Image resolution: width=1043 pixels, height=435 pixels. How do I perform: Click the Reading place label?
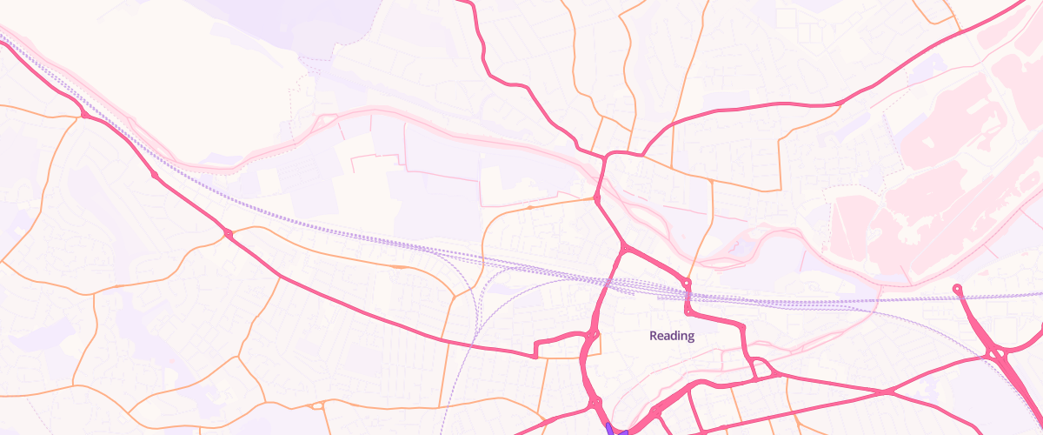[x=672, y=336]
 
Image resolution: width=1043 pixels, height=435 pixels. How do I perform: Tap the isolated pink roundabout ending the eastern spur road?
[x=957, y=288]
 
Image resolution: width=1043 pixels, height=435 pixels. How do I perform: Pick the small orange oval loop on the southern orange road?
[x=317, y=405]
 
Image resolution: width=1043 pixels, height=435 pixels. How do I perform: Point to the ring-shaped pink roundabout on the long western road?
[x=228, y=234]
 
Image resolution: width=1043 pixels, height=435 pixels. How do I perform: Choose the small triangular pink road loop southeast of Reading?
[x=762, y=370]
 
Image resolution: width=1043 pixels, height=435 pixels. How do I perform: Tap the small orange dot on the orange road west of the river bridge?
[x=529, y=208]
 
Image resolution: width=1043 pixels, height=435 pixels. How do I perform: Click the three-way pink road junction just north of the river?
[x=606, y=157]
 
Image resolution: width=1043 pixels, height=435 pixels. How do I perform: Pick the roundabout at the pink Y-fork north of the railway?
[x=625, y=250]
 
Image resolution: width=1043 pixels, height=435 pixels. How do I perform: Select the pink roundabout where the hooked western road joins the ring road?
[x=592, y=335]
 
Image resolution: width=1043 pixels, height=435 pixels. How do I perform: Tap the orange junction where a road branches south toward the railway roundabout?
[x=712, y=182]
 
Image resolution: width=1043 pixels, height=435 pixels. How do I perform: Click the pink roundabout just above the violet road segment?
[x=596, y=403]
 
